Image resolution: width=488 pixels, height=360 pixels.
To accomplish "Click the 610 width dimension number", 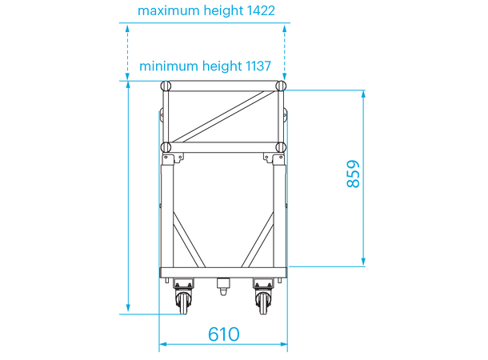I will [224, 334].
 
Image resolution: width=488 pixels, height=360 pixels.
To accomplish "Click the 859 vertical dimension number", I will [353, 175].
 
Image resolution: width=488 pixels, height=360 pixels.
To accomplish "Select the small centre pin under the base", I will [223, 285].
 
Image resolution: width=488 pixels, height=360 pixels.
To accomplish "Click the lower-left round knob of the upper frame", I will [166, 147].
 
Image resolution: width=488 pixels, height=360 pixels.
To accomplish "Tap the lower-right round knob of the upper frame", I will [280, 147].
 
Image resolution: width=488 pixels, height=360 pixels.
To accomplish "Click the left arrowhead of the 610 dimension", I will [162, 346].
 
